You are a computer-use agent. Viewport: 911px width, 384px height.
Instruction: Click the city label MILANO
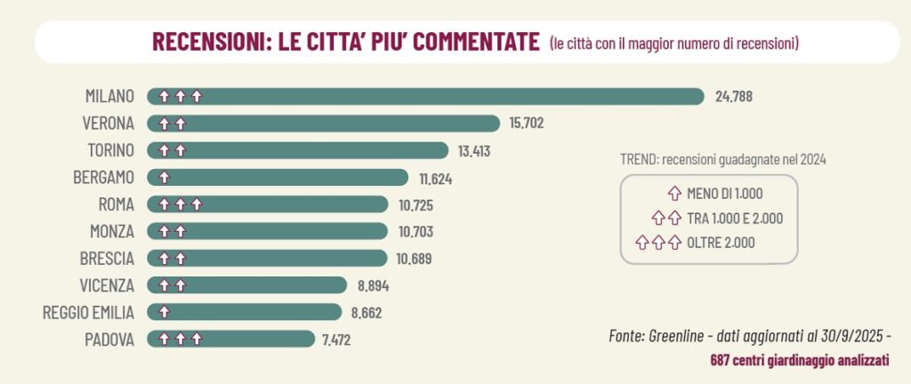point(109,96)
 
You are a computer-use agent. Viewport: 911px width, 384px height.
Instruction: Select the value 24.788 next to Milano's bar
point(734,96)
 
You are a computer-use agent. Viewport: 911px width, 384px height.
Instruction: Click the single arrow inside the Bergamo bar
point(165,178)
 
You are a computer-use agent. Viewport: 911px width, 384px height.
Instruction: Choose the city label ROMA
point(116,204)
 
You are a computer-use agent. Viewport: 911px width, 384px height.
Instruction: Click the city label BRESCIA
point(106,259)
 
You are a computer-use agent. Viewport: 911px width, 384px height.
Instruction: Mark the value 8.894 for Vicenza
point(372,286)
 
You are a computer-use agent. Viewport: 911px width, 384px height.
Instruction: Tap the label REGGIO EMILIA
point(89,313)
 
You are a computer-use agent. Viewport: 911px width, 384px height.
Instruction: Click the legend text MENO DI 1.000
point(725,193)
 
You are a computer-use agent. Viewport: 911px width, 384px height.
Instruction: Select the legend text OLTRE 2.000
point(721,241)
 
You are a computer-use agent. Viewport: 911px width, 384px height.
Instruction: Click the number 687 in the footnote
point(722,361)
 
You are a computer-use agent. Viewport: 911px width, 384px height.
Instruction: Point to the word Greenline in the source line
point(677,337)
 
